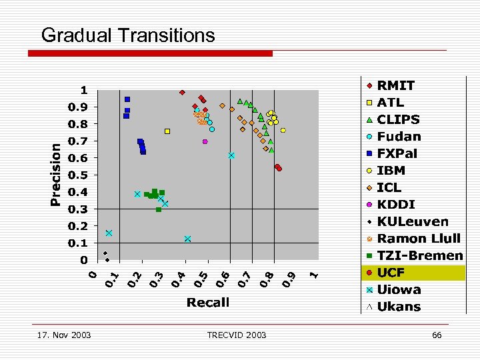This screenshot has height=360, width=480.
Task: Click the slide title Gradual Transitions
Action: coord(128,35)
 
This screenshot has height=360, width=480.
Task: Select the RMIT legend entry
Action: coord(395,85)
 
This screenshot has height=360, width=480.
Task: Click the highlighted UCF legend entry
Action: coord(391,272)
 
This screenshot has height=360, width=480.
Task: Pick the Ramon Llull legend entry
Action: coord(419,238)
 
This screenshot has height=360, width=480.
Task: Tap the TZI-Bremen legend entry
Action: coord(419,255)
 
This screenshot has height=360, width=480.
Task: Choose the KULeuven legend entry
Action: coord(413,221)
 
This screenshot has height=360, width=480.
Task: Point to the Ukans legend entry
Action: coord(399,307)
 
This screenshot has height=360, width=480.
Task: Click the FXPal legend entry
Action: coord(397,153)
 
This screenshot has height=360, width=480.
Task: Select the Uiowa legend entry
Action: coord(399,289)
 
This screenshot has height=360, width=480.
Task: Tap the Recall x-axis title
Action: coord(208,303)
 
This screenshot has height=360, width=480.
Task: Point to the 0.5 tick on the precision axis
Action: coord(79,175)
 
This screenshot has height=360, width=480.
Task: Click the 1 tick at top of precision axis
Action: coord(84,90)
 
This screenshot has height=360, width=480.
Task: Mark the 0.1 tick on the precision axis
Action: coord(79,243)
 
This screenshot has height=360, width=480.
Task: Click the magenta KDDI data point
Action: coord(205,141)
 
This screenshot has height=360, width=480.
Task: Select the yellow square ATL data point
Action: coord(167,131)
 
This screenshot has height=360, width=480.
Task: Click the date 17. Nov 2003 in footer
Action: coord(65,335)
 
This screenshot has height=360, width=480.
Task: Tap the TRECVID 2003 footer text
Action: coord(237,335)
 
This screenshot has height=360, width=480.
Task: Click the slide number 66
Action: coord(437,335)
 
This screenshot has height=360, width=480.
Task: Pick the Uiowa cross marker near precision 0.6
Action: coord(231,155)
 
